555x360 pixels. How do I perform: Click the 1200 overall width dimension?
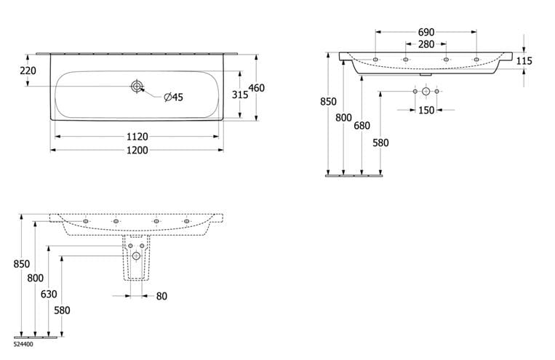[x=137, y=151]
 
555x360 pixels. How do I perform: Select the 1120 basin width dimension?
[x=137, y=137]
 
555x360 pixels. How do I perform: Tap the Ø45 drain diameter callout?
[x=173, y=97]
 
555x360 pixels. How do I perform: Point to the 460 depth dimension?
[x=257, y=88]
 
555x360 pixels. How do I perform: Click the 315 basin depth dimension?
[x=240, y=95]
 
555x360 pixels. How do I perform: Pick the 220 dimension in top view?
[x=28, y=71]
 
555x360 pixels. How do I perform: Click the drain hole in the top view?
[x=137, y=87]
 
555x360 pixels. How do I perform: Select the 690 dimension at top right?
[x=426, y=32]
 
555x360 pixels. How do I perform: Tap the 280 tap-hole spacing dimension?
[x=426, y=44]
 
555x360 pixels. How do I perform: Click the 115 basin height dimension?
[x=524, y=61]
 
